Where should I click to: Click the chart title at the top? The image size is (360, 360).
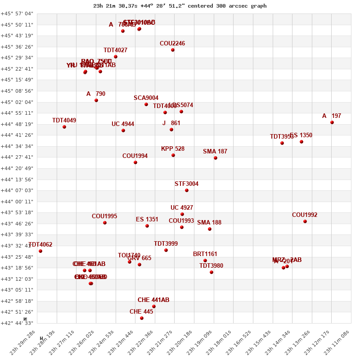tap(180, 6)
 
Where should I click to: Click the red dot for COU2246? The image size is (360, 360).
tap(173, 50)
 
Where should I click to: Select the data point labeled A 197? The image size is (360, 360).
tap(332, 122)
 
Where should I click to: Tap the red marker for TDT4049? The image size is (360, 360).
tap(64, 127)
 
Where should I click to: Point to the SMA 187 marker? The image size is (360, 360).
tap(216, 158)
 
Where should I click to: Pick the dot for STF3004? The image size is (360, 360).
tap(187, 190)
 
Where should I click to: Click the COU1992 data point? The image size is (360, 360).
tap(305, 221)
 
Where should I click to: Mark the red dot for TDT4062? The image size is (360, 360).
tap(40, 251)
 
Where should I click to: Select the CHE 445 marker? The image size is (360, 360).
tap(142, 318)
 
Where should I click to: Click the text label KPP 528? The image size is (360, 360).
tap(173, 149)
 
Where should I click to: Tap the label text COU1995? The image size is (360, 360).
tap(104, 216)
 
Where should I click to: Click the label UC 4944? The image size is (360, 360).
tap(123, 124)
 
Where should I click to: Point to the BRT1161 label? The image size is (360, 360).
tap(205, 254)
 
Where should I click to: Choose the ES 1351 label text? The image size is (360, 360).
tap(147, 220)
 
